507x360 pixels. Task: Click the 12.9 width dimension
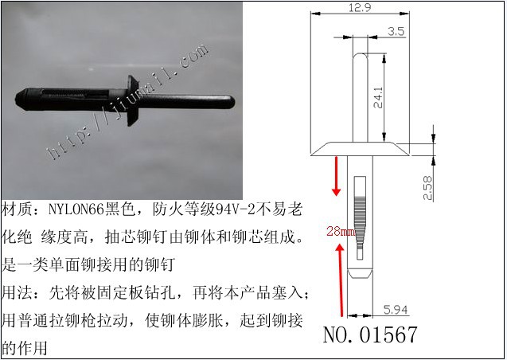[x=360, y=7]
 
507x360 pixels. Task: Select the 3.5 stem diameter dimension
[x=396, y=31]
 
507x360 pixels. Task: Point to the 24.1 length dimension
[x=378, y=97]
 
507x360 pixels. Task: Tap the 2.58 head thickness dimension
[x=427, y=188]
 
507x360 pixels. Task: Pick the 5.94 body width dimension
[x=396, y=310]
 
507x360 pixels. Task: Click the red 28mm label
[x=341, y=231]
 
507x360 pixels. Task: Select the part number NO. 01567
[x=370, y=335]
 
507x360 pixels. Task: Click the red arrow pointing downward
[x=336, y=176]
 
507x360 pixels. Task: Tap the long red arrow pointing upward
[x=340, y=280]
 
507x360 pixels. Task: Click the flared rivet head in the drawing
[x=360, y=149]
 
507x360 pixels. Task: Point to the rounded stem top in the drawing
[x=361, y=57]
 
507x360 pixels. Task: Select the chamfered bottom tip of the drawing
[x=360, y=273]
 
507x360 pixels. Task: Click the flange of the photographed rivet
[x=133, y=100]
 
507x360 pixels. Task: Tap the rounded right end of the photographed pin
[x=230, y=102]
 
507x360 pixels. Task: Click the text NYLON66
[x=76, y=209]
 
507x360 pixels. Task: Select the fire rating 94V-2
[x=236, y=209]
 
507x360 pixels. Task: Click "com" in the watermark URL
[x=193, y=57]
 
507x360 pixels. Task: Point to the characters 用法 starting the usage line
[x=17, y=293]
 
